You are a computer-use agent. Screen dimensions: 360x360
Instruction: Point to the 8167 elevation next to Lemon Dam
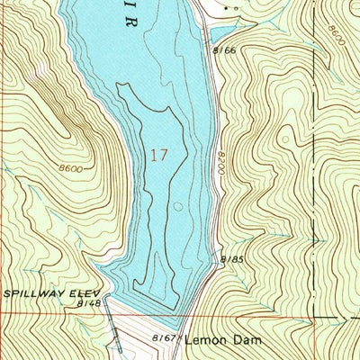163,338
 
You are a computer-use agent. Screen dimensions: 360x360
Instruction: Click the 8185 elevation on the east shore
232,260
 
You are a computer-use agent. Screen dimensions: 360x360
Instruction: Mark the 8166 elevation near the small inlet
224,50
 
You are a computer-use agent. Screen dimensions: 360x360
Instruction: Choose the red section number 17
158,154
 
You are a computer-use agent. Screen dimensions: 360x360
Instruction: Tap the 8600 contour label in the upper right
335,37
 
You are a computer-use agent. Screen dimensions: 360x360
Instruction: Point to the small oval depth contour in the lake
178,206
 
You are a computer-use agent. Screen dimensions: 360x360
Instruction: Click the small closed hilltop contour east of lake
286,139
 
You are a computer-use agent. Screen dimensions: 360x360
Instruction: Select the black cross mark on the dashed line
315,238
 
